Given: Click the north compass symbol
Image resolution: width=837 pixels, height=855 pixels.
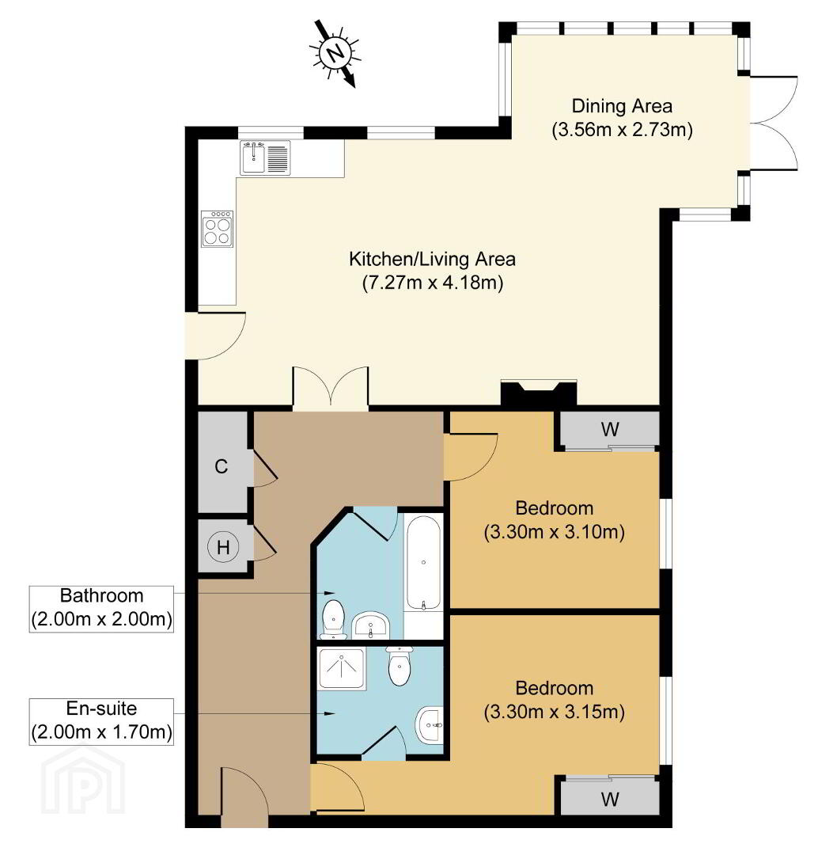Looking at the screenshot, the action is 335,54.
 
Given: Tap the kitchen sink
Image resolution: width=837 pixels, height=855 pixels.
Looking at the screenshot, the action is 265,158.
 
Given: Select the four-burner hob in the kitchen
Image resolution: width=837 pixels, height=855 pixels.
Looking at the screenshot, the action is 217,229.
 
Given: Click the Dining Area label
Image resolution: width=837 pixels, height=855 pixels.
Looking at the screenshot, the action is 622,106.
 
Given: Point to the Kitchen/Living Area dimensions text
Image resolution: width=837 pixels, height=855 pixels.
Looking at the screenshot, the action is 433,283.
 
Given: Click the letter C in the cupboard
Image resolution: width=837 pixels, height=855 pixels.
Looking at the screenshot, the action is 222,467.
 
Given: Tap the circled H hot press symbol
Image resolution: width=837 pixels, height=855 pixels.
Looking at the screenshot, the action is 223,547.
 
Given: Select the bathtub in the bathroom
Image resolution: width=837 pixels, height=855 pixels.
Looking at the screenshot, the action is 424,563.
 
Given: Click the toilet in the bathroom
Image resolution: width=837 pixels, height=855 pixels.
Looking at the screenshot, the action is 333,619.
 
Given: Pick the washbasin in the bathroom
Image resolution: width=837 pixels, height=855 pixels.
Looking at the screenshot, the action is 370,625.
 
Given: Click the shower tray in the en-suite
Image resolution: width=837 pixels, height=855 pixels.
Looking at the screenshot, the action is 342,668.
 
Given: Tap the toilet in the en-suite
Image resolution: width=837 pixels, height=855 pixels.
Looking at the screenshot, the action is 400,666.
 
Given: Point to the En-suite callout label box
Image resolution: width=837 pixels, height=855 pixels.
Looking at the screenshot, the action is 101,721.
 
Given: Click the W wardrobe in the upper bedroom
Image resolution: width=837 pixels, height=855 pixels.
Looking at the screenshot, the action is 610,430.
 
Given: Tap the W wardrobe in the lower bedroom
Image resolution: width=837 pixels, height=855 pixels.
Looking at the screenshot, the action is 610,798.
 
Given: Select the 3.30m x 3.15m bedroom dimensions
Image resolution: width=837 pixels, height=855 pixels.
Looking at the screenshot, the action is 555,712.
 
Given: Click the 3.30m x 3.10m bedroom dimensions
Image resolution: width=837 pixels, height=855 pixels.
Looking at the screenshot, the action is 555,532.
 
